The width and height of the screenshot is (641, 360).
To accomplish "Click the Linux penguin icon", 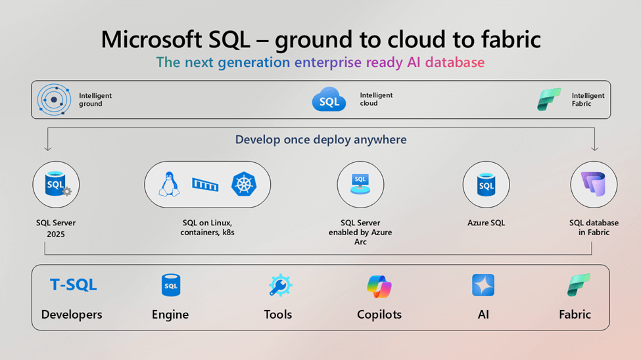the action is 169,185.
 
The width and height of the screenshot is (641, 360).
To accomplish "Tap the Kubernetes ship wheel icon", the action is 244,184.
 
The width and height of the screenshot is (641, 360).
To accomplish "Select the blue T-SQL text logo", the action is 73,284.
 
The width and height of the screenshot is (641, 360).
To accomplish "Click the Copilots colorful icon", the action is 379,286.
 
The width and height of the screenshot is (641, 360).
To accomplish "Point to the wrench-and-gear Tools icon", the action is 280,285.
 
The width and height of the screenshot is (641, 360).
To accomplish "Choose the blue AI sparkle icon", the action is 483,285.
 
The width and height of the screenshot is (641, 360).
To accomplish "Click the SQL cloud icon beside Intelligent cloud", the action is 329,99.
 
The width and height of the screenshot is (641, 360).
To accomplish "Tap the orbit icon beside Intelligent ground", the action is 54,99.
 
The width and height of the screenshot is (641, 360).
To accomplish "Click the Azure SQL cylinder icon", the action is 486,185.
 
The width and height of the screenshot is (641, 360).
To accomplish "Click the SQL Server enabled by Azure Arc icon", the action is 360,184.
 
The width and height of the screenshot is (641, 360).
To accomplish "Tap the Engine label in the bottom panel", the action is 170,315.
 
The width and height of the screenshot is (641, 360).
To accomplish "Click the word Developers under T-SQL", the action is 72,314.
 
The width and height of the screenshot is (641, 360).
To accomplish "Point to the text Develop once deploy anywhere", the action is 321,140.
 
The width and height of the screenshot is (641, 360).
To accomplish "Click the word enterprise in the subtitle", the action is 328,62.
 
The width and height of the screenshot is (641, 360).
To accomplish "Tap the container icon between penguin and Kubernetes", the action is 205,185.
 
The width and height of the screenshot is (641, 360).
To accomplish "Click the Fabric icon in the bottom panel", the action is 579,285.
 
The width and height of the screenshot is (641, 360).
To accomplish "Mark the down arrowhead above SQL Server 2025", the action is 48,148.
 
